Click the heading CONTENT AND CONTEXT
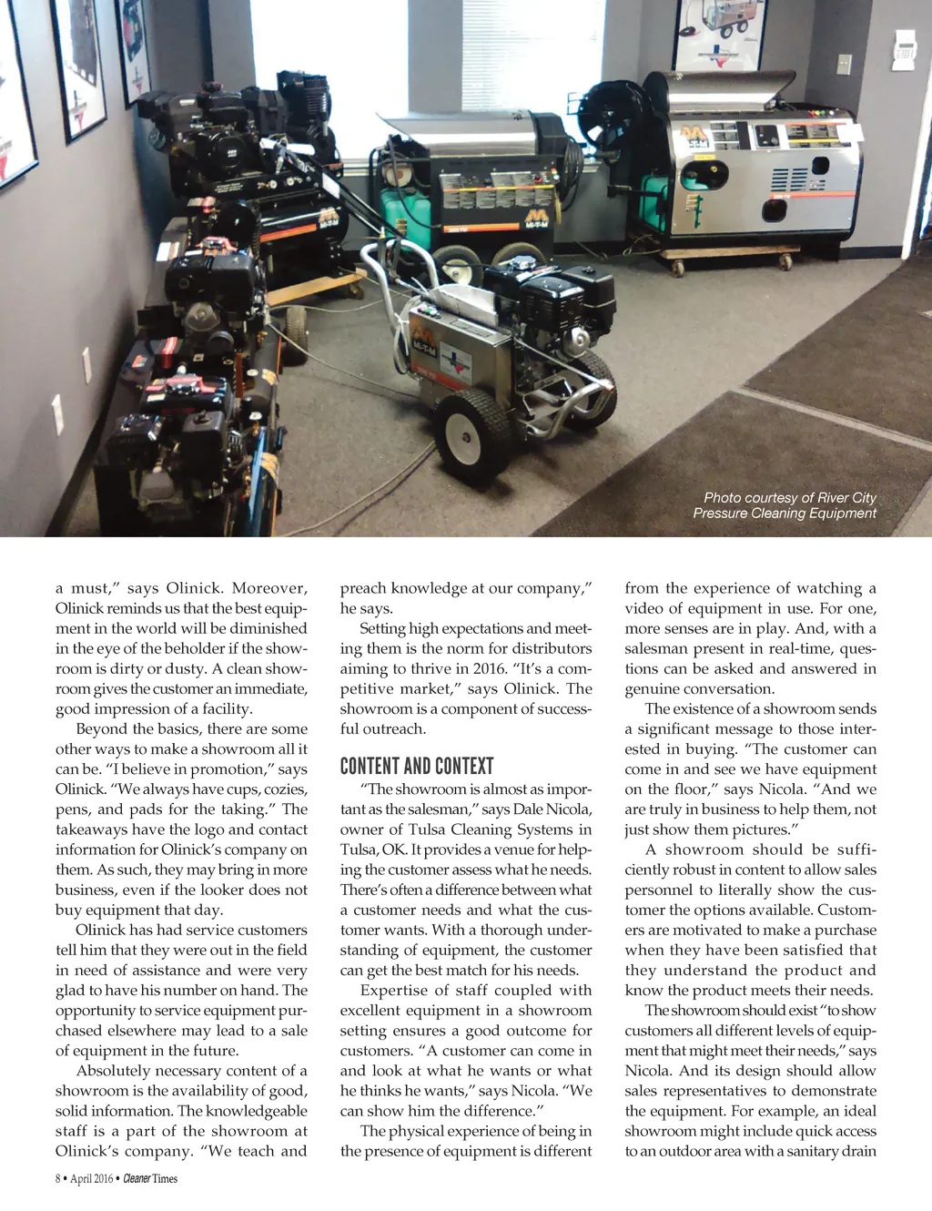(417, 766)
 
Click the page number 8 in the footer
(58, 1178)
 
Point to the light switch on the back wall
(844, 64)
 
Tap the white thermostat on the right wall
(904, 49)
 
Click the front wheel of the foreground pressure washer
(472, 432)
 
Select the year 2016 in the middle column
(490, 668)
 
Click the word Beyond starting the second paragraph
(102, 728)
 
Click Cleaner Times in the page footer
(150, 1178)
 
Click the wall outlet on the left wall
(87, 365)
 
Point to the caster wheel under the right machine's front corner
(677, 268)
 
